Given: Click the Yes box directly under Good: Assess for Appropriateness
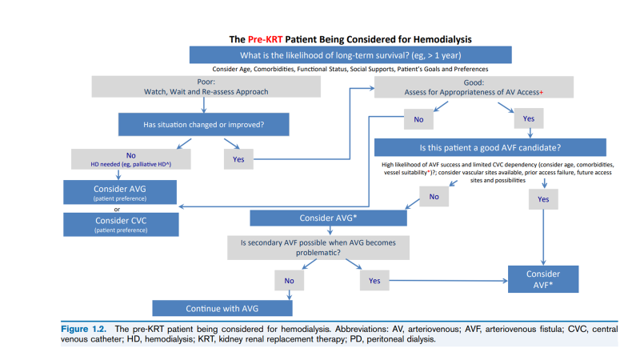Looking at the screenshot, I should [x=528, y=118].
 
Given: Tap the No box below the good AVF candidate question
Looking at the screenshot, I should [x=434, y=196].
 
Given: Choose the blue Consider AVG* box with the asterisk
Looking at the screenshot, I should [x=328, y=218].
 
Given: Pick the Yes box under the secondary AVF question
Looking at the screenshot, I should [x=374, y=282].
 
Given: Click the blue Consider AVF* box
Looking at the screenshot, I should [x=543, y=279].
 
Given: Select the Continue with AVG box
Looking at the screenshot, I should [x=222, y=308].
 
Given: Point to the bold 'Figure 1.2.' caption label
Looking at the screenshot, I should [x=86, y=329].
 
